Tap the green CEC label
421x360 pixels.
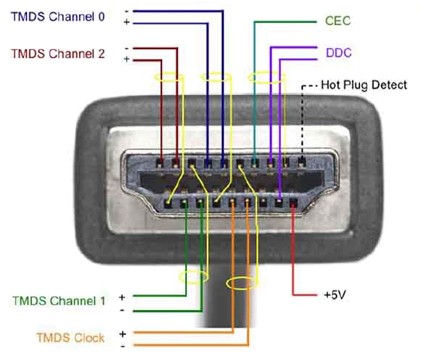click(x=337, y=20)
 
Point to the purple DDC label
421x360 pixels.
click(x=337, y=52)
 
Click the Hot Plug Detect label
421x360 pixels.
click(x=364, y=85)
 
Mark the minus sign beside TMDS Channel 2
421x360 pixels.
click(x=125, y=46)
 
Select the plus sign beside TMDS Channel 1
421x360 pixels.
click(x=122, y=296)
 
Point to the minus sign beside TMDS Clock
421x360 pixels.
click(x=122, y=345)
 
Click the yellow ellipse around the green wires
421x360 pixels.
click(x=192, y=272)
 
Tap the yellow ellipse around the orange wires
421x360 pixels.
click(x=241, y=283)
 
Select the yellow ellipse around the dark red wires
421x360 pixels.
click(x=166, y=77)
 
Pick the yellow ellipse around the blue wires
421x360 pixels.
click(x=214, y=77)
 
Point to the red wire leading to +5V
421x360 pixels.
click(x=291, y=260)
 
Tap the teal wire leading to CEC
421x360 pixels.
click(x=255, y=80)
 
